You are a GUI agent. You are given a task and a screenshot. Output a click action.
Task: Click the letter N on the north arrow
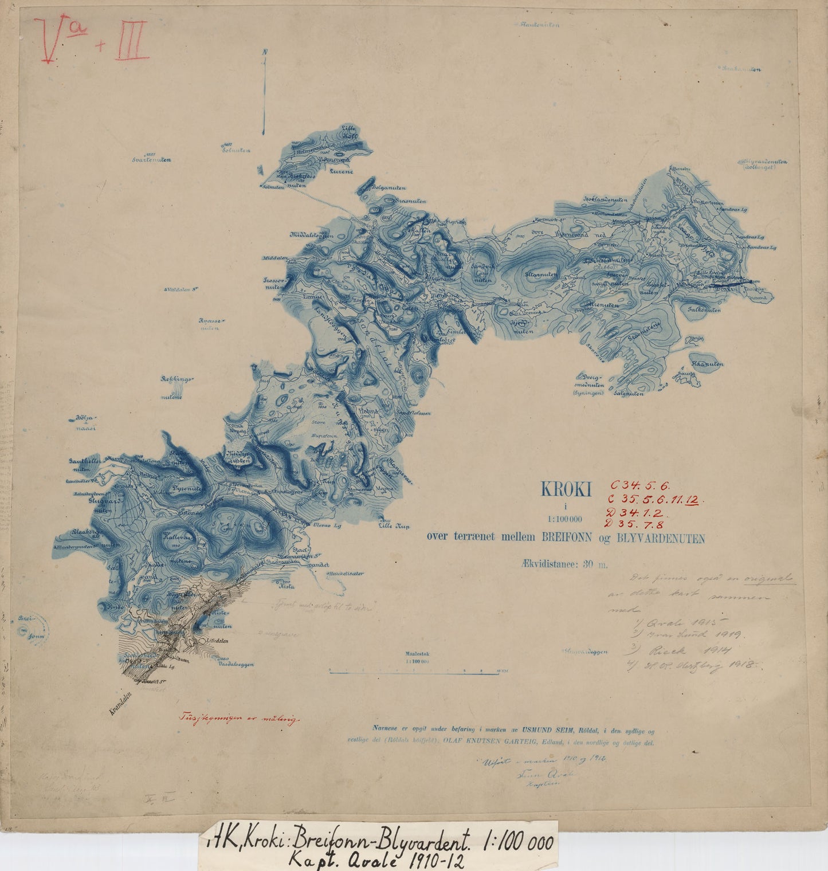click(x=265, y=52)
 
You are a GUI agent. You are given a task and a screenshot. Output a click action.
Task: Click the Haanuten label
click(x=707, y=364)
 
